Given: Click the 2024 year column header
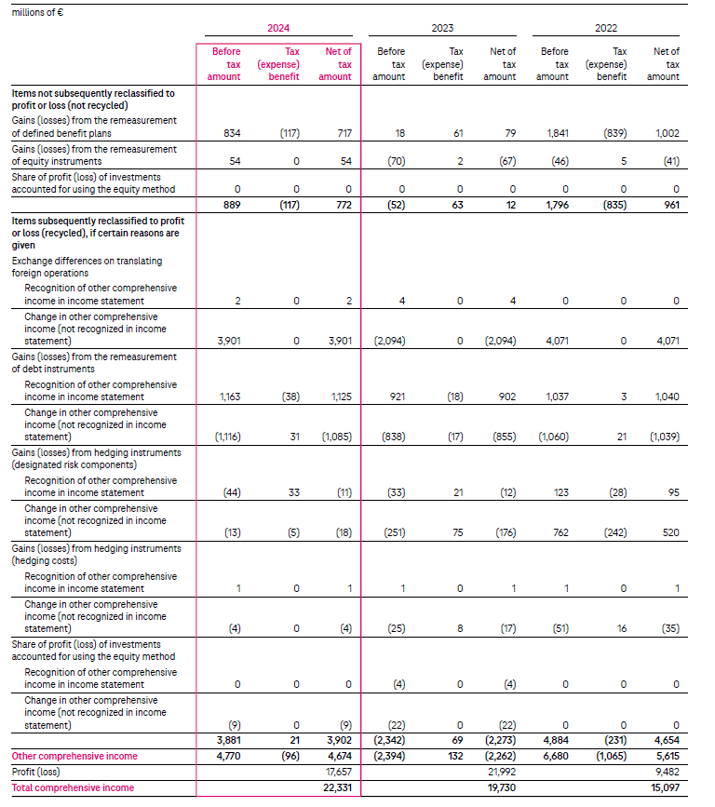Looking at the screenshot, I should click(278, 29).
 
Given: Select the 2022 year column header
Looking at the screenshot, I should click(606, 29).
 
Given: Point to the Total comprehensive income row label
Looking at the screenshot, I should click(73, 787).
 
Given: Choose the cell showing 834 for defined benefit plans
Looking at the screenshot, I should click(233, 133).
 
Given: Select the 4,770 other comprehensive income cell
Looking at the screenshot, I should click(228, 756).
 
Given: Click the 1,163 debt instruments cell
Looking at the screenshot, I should click(228, 397).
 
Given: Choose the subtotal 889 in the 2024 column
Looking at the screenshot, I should click(233, 205).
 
